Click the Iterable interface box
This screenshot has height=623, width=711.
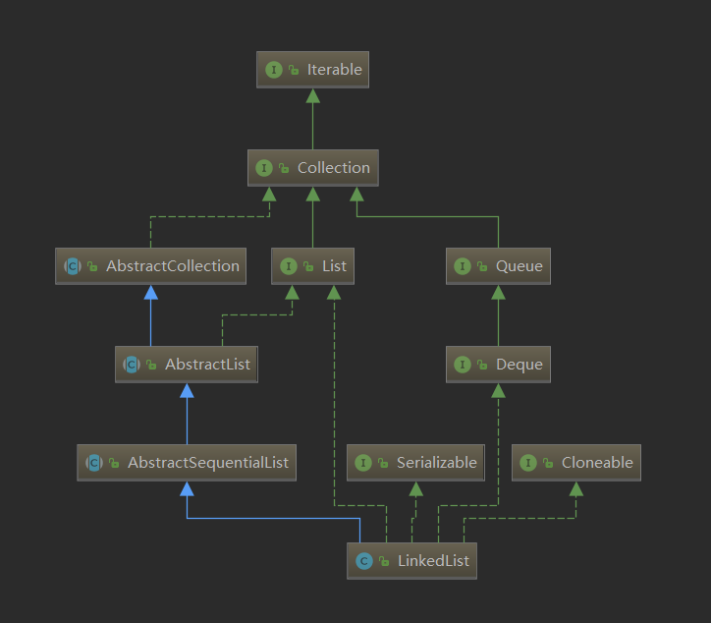[x=312, y=70]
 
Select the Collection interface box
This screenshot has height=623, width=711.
[x=312, y=168]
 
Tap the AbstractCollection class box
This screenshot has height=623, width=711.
[x=150, y=266]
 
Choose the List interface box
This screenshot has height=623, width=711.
[x=312, y=266]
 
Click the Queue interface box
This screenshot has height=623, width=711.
[x=498, y=266]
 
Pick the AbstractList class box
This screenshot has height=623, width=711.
[x=187, y=365]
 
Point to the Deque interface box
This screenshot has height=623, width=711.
[x=498, y=365]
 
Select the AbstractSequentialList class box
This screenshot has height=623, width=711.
[x=187, y=462]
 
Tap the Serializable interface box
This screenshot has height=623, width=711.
[x=415, y=462]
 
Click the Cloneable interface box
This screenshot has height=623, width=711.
[x=575, y=462]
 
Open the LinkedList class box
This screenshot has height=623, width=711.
[x=411, y=561]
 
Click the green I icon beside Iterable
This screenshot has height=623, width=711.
[x=273, y=70]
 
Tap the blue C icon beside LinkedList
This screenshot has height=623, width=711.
[x=363, y=561]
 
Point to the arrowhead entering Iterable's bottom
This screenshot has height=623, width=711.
[x=312, y=95]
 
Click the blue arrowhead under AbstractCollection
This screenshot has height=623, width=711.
[x=150, y=292]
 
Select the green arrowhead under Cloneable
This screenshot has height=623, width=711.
[x=575, y=488]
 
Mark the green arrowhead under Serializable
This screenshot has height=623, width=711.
[x=415, y=488]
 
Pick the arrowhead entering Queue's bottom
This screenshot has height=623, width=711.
[x=498, y=292]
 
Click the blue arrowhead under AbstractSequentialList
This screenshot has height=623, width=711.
[x=187, y=488]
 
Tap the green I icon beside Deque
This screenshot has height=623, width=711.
[x=462, y=365]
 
